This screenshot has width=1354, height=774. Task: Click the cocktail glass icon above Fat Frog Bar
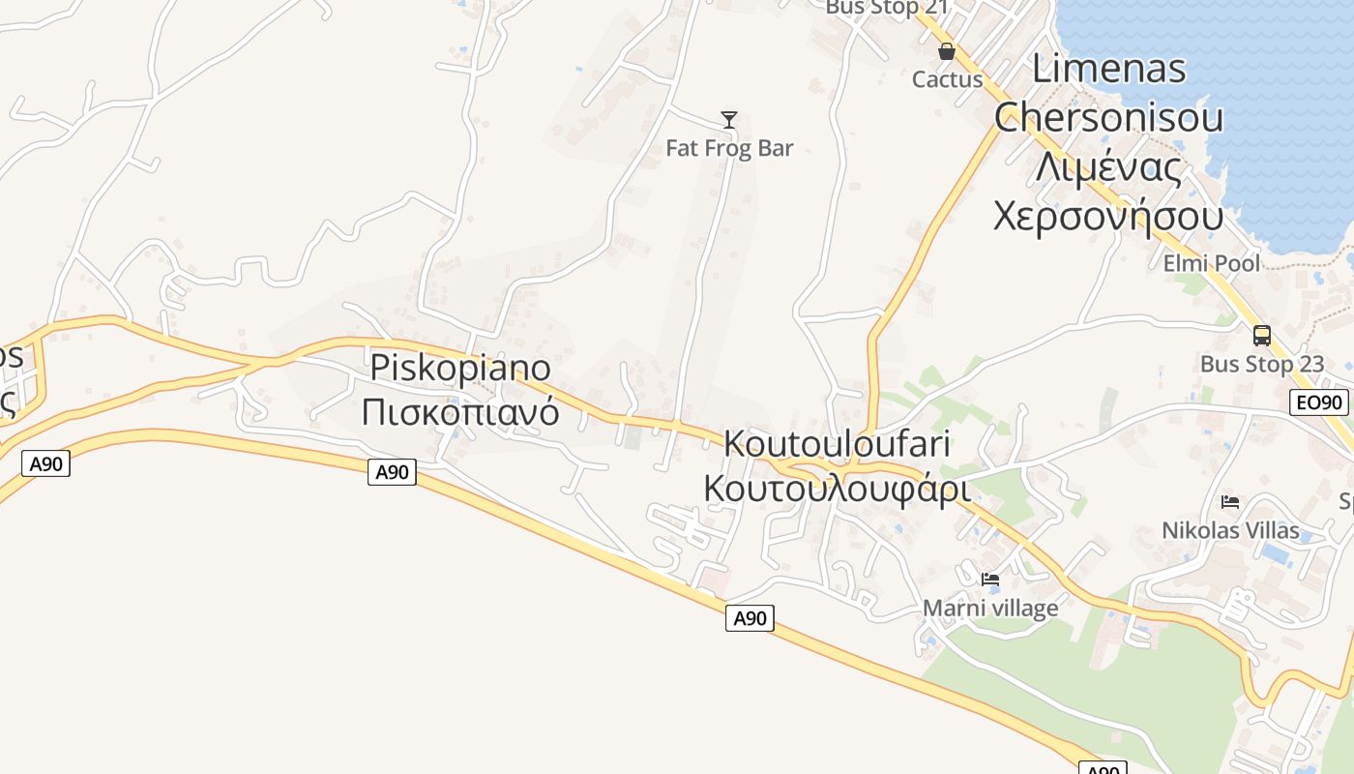[x=729, y=120]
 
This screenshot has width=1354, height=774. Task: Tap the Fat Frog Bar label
[x=729, y=148]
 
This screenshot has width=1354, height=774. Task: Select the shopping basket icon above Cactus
[x=947, y=51]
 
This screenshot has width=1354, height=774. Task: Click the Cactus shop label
[x=947, y=79]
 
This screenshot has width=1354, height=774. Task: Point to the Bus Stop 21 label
[x=887, y=8]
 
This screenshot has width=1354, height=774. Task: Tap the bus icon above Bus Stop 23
[x=1262, y=336]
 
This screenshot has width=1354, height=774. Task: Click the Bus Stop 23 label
[x=1262, y=365]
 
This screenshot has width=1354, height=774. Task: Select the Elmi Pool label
[x=1211, y=263]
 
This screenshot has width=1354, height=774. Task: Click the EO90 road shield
[x=1319, y=403]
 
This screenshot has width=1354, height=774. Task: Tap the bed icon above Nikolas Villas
[x=1230, y=501]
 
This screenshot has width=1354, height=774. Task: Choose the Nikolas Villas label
[x=1230, y=530]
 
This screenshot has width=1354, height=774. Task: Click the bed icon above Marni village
[x=990, y=580]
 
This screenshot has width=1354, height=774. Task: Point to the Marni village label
[x=990, y=608]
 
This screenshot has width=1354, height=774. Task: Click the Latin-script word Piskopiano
[x=460, y=369]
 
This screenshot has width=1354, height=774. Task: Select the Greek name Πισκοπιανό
[x=460, y=411]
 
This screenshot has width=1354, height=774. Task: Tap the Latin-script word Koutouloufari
[x=837, y=444]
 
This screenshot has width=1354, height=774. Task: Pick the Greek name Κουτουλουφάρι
[x=837, y=488]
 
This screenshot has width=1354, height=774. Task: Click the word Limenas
[x=1109, y=69]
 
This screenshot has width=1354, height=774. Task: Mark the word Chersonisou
[x=1109, y=117]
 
